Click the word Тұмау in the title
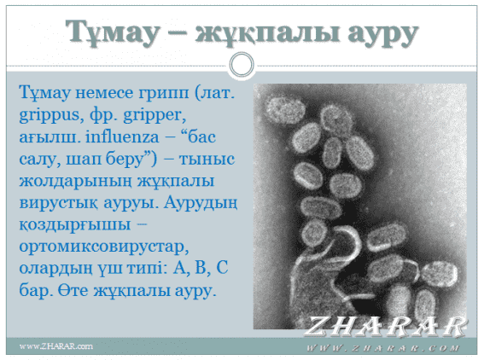click(x=113, y=32)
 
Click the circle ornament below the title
click(x=242, y=65)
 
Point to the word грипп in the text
click(x=163, y=93)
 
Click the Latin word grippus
click(x=50, y=115)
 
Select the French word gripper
click(x=155, y=115)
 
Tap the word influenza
click(x=122, y=136)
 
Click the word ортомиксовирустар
click(x=104, y=247)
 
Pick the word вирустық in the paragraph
click(x=59, y=203)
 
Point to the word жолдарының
click(x=76, y=181)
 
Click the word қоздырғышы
click(x=75, y=225)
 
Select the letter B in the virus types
click(x=202, y=268)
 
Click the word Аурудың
click(x=201, y=203)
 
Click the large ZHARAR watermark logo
click(x=386, y=326)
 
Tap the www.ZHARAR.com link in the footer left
click(x=56, y=346)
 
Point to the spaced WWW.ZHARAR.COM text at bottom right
click(x=382, y=349)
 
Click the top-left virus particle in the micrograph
click(x=286, y=109)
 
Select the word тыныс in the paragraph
click(x=207, y=160)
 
